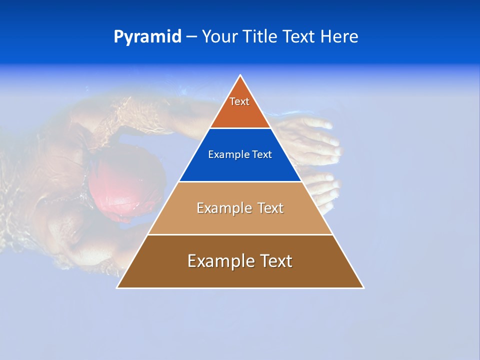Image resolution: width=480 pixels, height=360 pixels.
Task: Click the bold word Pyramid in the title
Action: click(147, 37)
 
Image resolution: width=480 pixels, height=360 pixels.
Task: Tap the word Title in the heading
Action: click(262, 37)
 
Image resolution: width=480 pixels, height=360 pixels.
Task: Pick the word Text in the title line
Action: click(299, 37)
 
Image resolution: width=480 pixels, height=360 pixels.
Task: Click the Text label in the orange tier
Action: click(239, 101)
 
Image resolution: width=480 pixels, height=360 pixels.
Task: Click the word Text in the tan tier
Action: click(270, 208)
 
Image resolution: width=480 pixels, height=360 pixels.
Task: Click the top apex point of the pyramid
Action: click(240, 75)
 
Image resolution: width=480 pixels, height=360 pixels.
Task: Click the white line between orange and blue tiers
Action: click(240, 128)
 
